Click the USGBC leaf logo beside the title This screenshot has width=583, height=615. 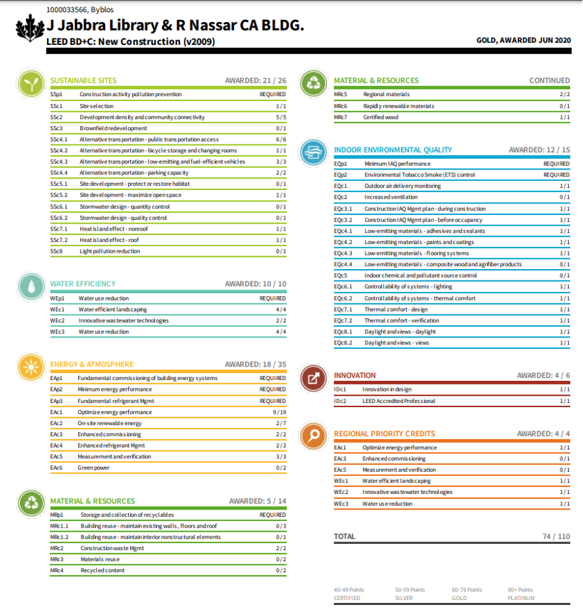click(28, 28)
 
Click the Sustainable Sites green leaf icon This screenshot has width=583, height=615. click(29, 84)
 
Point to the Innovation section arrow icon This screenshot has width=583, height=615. click(313, 378)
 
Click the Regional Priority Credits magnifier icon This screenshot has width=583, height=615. click(313, 436)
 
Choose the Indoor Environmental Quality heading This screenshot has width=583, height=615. click(392, 150)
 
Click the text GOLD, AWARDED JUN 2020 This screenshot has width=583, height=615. click(523, 41)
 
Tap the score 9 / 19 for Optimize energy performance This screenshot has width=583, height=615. click(279, 412)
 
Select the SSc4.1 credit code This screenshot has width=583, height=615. click(59, 140)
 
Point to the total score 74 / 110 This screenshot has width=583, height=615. click(555, 537)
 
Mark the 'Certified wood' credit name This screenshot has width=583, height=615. click(381, 117)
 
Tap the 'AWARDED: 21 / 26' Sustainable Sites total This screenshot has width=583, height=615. click(255, 80)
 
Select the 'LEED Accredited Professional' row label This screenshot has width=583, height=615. click(398, 401)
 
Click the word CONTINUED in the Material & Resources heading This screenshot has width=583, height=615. click(549, 80)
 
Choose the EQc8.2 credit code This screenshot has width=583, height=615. click(343, 343)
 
